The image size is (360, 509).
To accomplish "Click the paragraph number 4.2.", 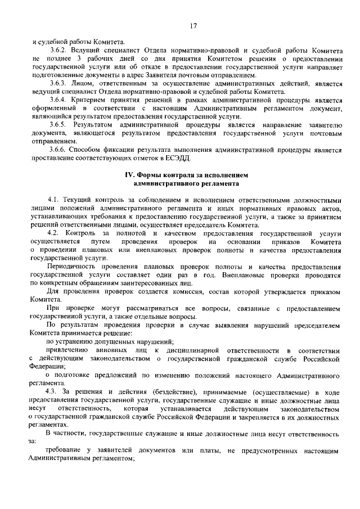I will (55, 232).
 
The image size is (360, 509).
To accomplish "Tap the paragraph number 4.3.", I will (55, 390).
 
